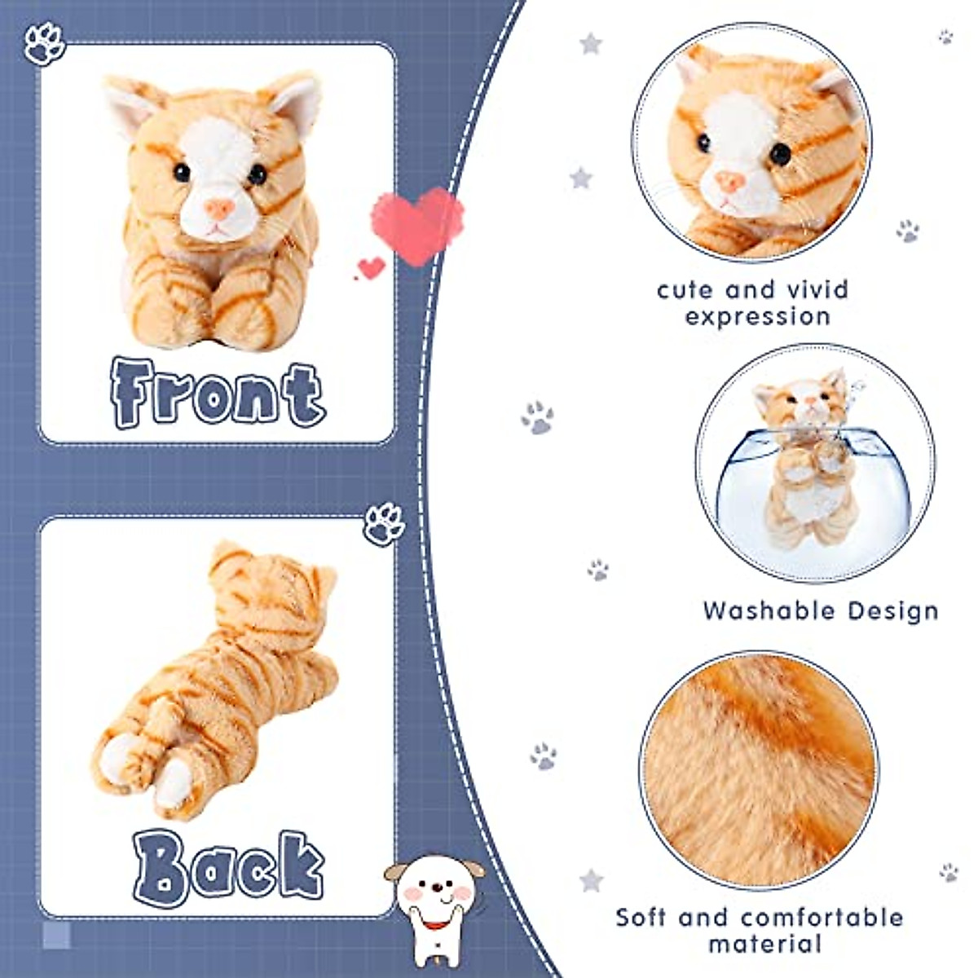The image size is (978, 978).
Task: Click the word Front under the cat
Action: coord(218,394)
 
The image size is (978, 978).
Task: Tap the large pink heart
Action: coord(417,225)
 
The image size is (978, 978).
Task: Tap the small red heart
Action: coord(372,267)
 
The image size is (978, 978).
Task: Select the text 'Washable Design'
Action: coord(821,610)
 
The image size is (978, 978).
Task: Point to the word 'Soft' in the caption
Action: coord(642,917)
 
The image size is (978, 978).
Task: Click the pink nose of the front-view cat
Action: coord(218,208)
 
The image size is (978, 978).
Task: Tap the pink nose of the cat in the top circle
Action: coord(729,181)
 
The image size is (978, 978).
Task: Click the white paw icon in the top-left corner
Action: coord(44,43)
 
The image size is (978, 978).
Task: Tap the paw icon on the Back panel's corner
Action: coord(384,523)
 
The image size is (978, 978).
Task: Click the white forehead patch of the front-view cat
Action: coord(215,147)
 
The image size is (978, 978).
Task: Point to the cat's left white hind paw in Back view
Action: coord(118,758)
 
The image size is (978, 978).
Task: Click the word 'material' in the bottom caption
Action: coord(764,945)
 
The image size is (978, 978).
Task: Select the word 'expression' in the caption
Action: coord(757,317)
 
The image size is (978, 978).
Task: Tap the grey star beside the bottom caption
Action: coord(591,880)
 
